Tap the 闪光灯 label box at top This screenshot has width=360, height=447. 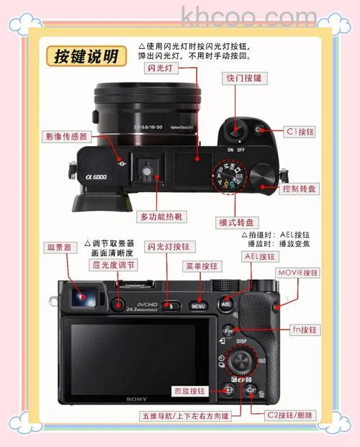click(x=161, y=68)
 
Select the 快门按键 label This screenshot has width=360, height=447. click(x=243, y=78)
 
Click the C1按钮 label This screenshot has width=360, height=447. click(x=300, y=132)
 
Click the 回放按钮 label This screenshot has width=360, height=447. click(x=190, y=392)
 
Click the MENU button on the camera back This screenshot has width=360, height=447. click(x=198, y=306)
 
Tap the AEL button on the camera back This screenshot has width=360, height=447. click(x=225, y=304)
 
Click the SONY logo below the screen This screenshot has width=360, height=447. click(x=137, y=399)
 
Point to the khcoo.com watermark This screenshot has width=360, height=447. click(x=249, y=16)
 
